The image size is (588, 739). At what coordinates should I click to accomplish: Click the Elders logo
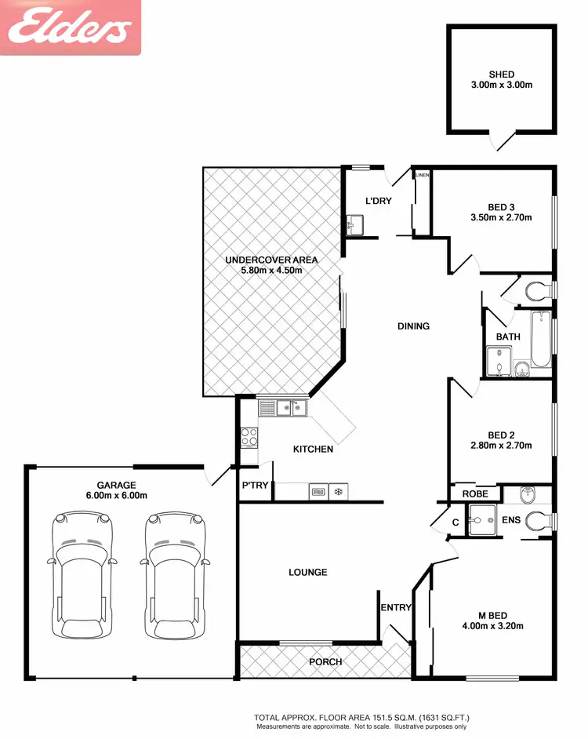pyautogui.click(x=70, y=28)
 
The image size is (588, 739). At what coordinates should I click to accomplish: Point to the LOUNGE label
pyautogui.click(x=307, y=572)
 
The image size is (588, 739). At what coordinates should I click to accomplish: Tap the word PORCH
pyautogui.click(x=325, y=661)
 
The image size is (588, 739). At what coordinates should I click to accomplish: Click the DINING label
pyautogui.click(x=413, y=326)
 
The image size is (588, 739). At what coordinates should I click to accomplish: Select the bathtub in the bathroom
pyautogui.click(x=541, y=339)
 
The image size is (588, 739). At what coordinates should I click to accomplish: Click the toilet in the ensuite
pyautogui.click(x=539, y=520)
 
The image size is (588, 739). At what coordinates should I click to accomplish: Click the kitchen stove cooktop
pyautogui.click(x=249, y=438)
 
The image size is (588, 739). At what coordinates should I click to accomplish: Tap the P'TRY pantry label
pyautogui.click(x=255, y=486)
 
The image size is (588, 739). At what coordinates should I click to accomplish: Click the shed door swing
pyautogui.click(x=502, y=141)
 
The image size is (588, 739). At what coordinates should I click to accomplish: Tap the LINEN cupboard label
pyautogui.click(x=423, y=175)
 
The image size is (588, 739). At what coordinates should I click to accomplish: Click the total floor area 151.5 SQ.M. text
pyautogui.click(x=361, y=717)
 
